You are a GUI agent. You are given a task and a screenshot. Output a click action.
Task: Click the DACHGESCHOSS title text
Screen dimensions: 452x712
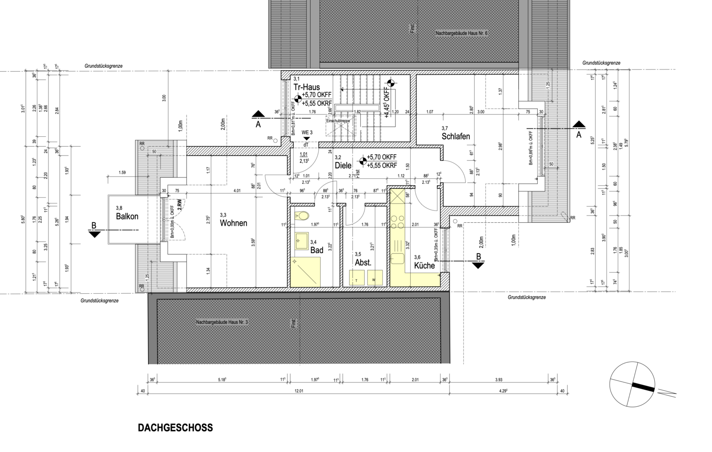(x=175, y=428)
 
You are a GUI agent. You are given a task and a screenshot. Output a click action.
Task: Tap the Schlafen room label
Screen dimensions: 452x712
(x=455, y=136)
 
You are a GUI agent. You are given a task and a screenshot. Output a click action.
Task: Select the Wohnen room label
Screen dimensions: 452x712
(x=233, y=223)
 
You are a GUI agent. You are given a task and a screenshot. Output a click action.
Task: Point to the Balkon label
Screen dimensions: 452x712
(x=127, y=216)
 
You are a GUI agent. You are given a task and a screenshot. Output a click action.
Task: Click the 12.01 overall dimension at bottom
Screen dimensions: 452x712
(x=299, y=391)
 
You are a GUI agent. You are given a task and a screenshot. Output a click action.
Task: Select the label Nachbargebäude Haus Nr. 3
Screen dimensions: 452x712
(x=222, y=322)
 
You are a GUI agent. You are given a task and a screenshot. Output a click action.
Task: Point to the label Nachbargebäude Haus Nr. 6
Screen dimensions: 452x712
(x=461, y=33)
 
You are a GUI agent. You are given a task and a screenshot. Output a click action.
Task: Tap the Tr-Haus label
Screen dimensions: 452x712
(x=306, y=87)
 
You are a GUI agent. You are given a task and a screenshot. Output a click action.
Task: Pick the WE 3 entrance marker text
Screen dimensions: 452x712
(x=307, y=133)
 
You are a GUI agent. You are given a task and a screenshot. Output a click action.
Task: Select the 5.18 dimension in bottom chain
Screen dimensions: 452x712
(x=222, y=380)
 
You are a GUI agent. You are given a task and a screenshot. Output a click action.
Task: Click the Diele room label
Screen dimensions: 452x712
(x=343, y=165)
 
